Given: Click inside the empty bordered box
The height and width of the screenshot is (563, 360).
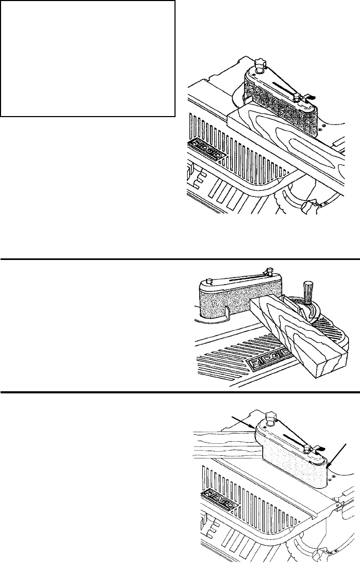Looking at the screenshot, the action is click(x=88, y=58).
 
